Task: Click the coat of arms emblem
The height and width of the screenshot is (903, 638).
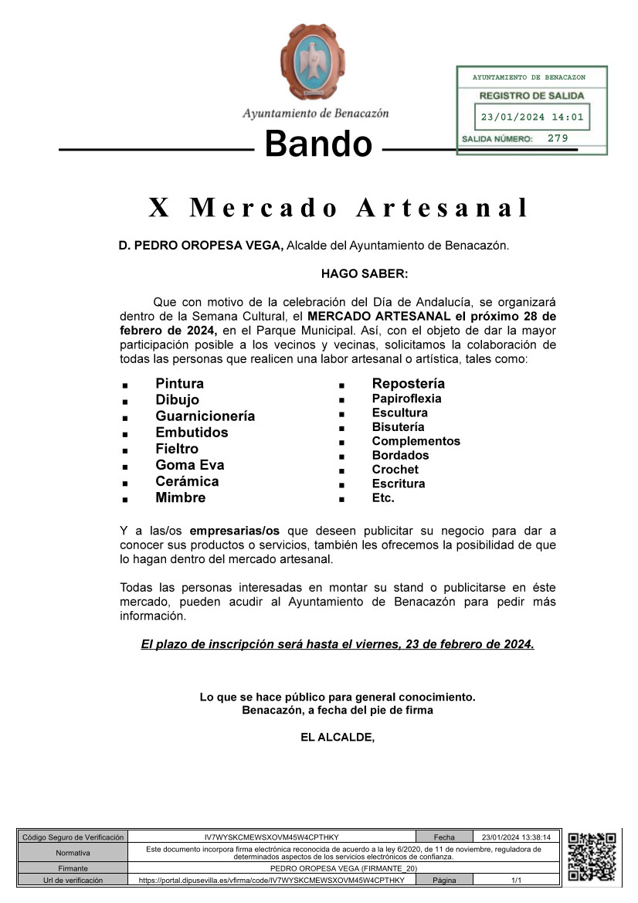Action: pyautogui.click(x=313, y=62)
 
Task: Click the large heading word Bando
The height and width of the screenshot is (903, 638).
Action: pyautogui.click(x=318, y=144)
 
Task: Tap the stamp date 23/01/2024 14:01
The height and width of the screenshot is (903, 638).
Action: pyautogui.click(x=531, y=118)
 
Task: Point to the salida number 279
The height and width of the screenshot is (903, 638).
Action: pyautogui.click(x=558, y=138)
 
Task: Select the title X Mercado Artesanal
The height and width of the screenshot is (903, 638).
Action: pyautogui.click(x=338, y=208)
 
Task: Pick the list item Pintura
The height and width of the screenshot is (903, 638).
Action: pyautogui.click(x=180, y=384)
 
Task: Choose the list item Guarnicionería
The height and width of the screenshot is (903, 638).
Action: pyautogui.click(x=205, y=416)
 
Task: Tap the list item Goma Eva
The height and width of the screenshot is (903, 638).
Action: pyautogui.click(x=190, y=465)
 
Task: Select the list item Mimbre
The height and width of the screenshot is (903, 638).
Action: pyautogui.click(x=181, y=497)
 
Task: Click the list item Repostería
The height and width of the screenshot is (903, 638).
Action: pyautogui.click(x=409, y=384)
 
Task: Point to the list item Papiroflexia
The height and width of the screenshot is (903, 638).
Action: pyautogui.click(x=407, y=399)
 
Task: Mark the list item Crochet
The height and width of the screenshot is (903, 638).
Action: pyautogui.click(x=395, y=470)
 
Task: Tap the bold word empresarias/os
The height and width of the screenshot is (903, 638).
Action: pyautogui.click(x=235, y=531)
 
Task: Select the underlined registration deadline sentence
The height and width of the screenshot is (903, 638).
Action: pyautogui.click(x=338, y=643)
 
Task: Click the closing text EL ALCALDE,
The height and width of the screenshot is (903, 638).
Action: pyautogui.click(x=338, y=737)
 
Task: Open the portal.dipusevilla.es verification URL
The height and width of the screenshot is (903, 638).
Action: pyautogui.click(x=271, y=880)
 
